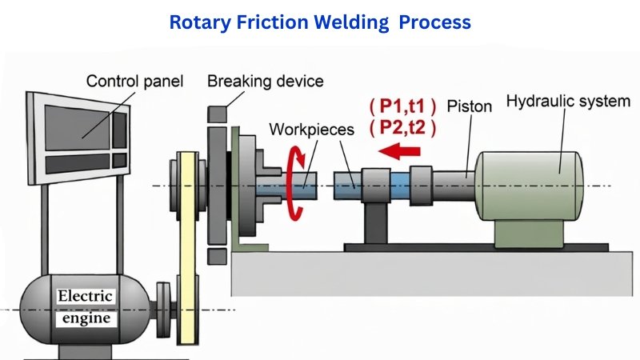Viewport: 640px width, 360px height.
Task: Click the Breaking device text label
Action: click(x=265, y=81)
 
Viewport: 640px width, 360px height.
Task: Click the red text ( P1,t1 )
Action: click(x=402, y=106)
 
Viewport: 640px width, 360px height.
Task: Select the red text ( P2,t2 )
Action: click(x=402, y=126)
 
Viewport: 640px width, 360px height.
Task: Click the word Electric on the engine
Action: click(x=86, y=298)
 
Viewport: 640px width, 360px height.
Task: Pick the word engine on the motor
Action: click(x=86, y=318)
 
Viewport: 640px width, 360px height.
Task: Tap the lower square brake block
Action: click(x=216, y=256)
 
